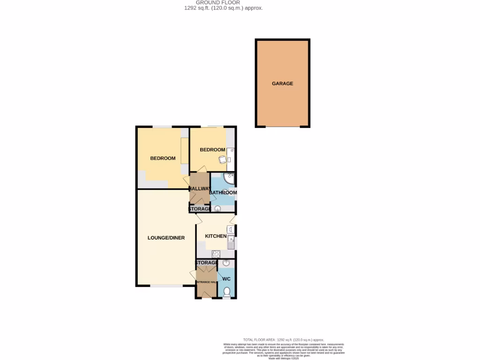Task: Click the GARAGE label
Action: [x=282, y=83]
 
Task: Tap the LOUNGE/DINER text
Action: [x=166, y=238]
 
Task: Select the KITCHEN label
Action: [x=216, y=236]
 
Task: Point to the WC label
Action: [x=226, y=279]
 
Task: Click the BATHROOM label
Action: [x=223, y=192]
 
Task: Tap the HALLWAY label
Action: [x=200, y=188]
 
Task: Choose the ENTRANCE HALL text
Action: [x=206, y=282]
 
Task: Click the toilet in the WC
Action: [x=227, y=292]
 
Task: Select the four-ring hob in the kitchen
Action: [x=216, y=254]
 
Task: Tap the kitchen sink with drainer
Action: [x=231, y=242]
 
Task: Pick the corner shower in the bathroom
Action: [x=229, y=178]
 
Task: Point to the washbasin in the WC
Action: [x=226, y=263]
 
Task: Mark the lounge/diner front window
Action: [x=166, y=285]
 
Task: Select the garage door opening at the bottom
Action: [x=283, y=127]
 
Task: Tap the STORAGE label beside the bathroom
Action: [x=203, y=209]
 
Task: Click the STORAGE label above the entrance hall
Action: [x=206, y=262]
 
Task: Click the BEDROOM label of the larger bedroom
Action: [x=163, y=158]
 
